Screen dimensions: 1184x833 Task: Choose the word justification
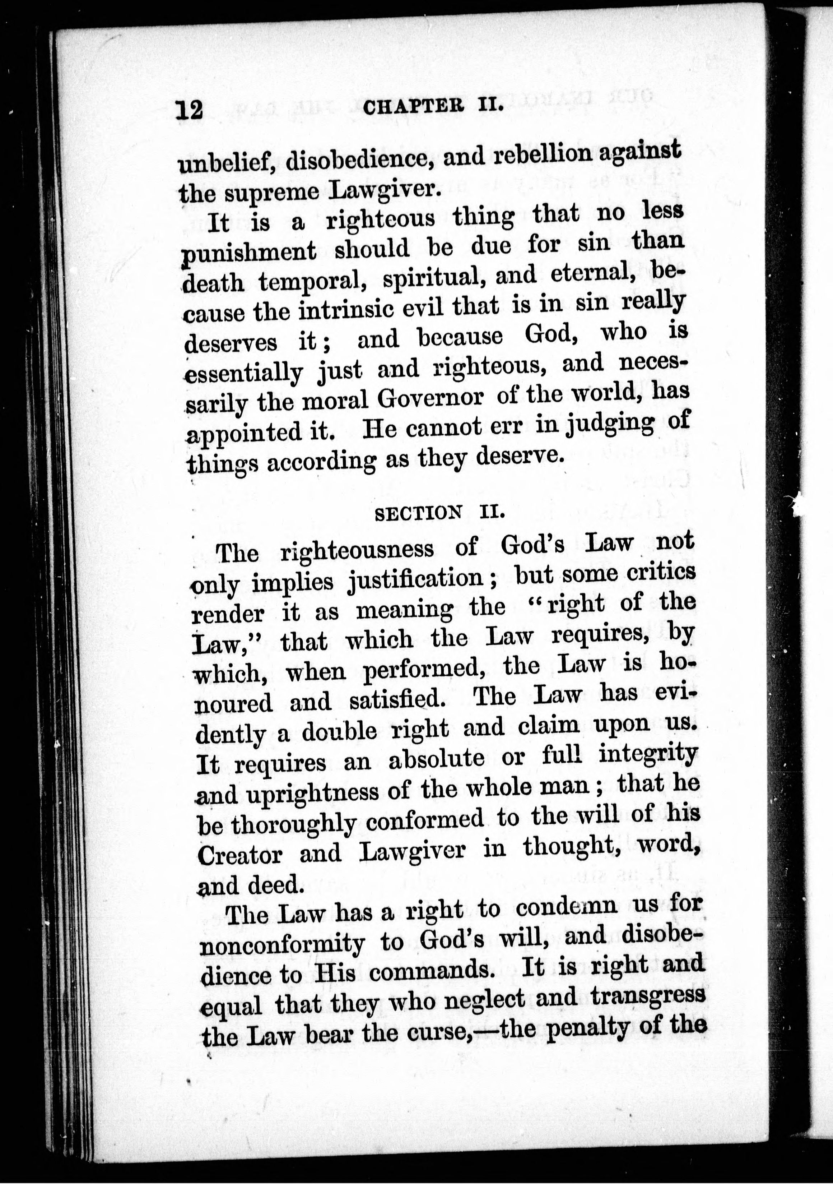point(415,579)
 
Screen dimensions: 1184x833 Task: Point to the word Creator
point(240,855)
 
